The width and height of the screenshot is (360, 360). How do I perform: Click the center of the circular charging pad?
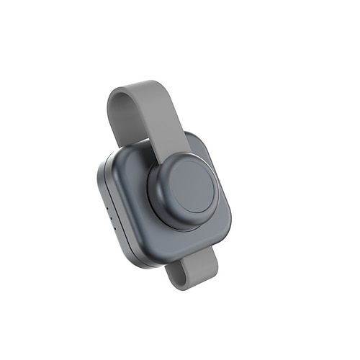(192, 186)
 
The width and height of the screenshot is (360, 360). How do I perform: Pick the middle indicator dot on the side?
(108, 210)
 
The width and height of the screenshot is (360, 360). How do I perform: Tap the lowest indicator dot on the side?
(110, 217)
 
